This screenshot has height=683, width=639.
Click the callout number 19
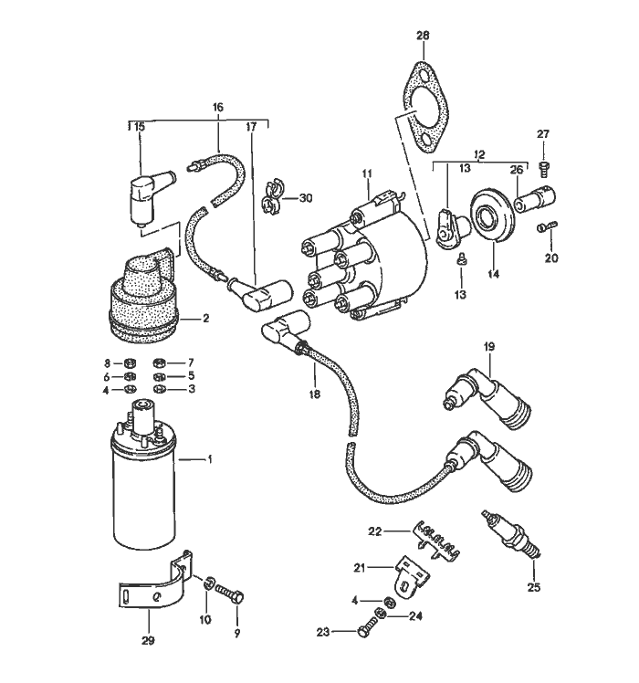coord(488,346)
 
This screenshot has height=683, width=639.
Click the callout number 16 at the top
coord(217,107)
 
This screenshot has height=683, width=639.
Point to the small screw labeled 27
coord(544,166)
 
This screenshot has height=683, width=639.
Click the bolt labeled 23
coord(369,628)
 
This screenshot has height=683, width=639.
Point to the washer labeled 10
coord(206,583)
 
